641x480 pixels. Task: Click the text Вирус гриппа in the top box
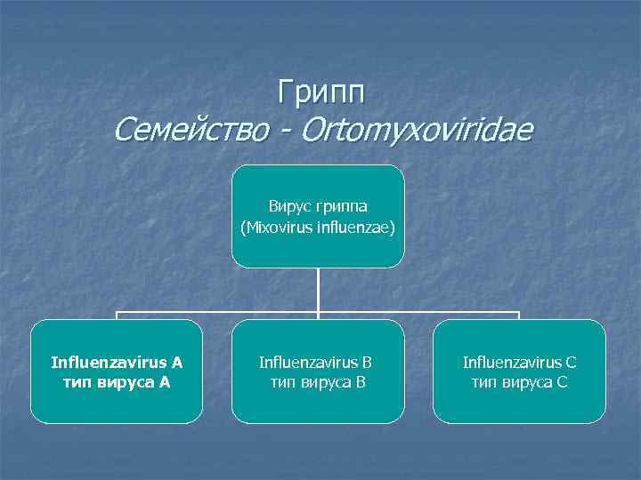pyautogui.click(x=318, y=207)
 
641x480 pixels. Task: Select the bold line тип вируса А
pyautogui.click(x=117, y=381)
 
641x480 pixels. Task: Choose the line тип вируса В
pyautogui.click(x=318, y=381)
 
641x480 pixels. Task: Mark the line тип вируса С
pyautogui.click(x=519, y=381)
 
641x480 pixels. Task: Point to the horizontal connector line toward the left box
pyautogui.click(x=214, y=313)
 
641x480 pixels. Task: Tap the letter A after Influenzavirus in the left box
pyautogui.click(x=176, y=362)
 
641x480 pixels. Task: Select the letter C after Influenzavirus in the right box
pyautogui.click(x=571, y=362)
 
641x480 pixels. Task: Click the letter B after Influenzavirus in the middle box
pyautogui.click(x=367, y=362)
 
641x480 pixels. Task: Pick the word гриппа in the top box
pyautogui.click(x=341, y=207)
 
